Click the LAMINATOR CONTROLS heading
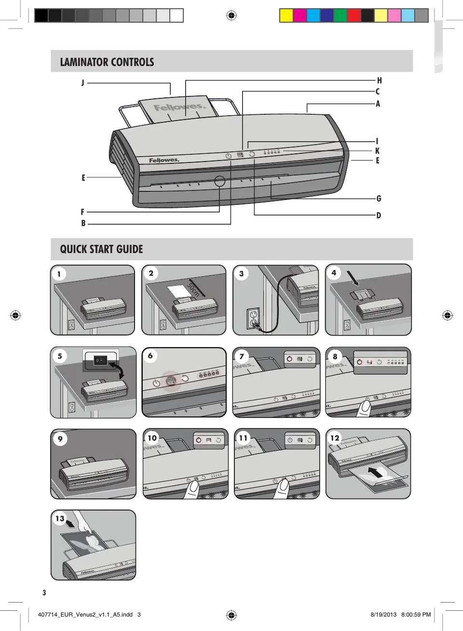point(107,62)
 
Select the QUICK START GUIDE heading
point(101,249)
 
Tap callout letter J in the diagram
point(82,83)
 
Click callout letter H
point(380,81)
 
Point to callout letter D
point(379,215)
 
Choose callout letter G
point(379,199)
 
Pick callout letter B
point(83,224)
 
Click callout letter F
point(82,212)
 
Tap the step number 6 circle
point(150,356)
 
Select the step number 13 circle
point(60,519)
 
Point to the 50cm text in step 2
point(193,289)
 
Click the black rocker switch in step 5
point(100,360)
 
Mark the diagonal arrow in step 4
point(353,278)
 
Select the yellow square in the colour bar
point(286,16)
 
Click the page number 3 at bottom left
point(44,593)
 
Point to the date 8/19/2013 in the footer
point(383,615)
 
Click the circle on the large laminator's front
point(219,181)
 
